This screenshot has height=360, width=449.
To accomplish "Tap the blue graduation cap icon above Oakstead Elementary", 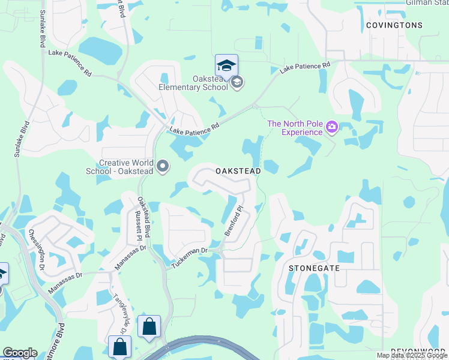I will point(226,65).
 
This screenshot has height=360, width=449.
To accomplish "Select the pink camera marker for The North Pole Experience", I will point(331,127).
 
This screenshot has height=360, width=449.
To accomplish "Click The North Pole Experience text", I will point(295,128).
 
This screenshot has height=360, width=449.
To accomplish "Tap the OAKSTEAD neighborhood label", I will point(238,171).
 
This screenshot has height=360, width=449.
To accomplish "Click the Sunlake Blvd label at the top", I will point(43,29).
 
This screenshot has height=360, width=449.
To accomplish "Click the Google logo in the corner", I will point(20,353).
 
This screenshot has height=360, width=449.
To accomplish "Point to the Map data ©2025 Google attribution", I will point(411,355).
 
